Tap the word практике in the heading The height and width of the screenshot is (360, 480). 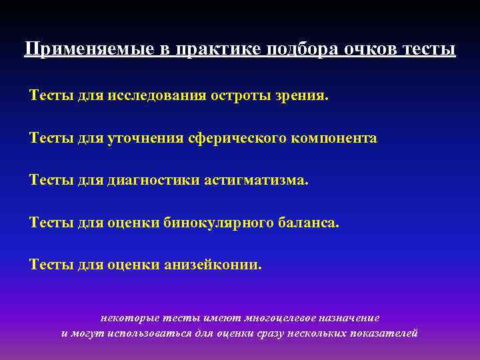point(203,50)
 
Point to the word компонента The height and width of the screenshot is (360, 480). point(335,138)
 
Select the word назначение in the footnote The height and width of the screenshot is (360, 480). point(346,318)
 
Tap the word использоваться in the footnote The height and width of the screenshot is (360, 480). point(154,333)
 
